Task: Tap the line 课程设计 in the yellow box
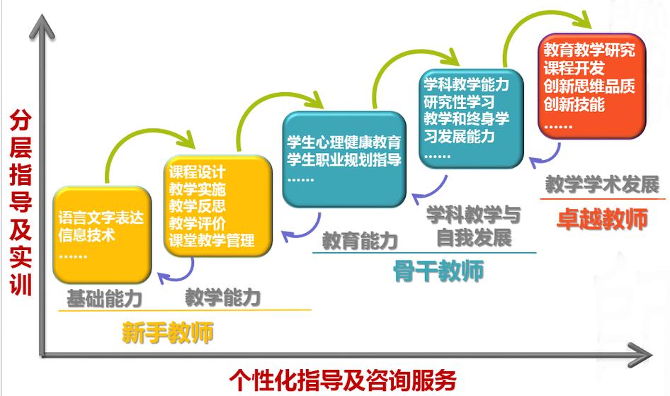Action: pos(198,172)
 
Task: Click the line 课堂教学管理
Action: pos(212,240)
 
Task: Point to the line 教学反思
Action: pos(198,206)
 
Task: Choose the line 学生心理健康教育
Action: pos(343,141)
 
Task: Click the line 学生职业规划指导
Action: pos(343,159)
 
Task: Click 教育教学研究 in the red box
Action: pos(589,51)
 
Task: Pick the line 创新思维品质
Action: pos(589,86)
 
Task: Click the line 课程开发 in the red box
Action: pos(574,69)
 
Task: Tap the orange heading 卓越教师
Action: pos(602,219)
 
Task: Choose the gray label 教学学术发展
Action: pos(602,184)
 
